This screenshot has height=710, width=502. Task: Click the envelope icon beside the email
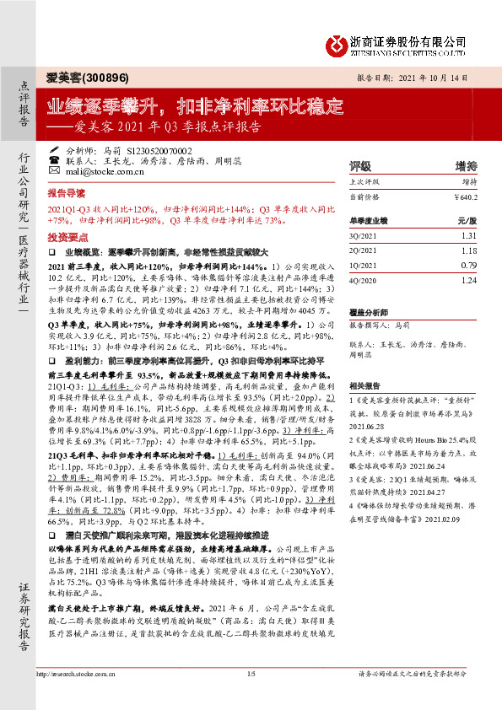coord(54,169)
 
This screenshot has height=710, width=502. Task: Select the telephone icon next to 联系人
coord(54,159)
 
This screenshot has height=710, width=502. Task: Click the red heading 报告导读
coord(67,193)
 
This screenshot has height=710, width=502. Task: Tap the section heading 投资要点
coord(67,237)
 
